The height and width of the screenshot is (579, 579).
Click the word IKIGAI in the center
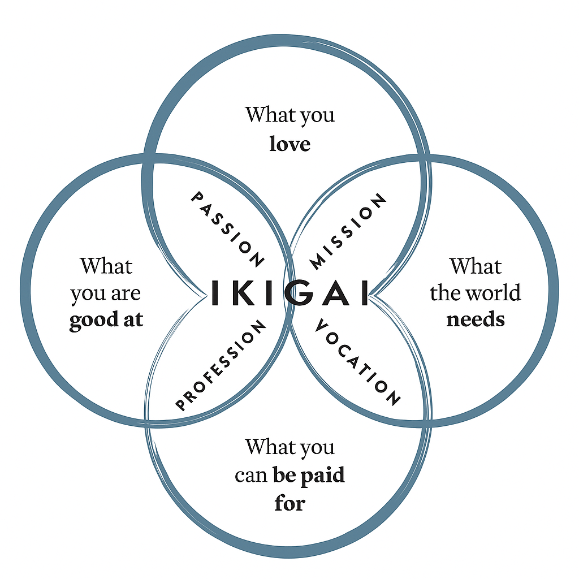pos(289,292)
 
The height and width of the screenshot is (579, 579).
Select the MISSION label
pos(349,231)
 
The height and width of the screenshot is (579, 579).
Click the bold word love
pos(289,144)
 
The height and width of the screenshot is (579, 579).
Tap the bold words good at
pos(106,320)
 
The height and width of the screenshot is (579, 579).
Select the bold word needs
pos(475,319)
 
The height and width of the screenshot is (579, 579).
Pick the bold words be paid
pos(309,475)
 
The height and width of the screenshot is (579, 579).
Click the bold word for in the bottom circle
pos(289,502)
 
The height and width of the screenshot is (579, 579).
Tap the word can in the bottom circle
pos(250,475)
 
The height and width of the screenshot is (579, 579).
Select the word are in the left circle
pos(127,294)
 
